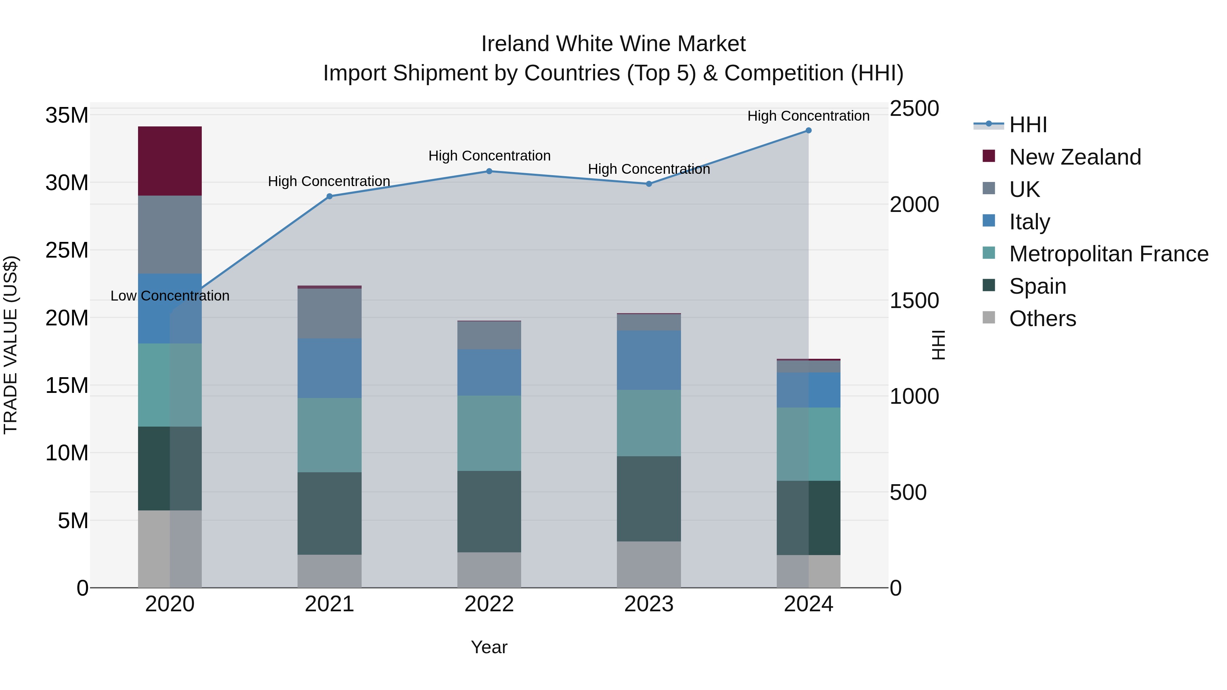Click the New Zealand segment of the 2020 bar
[x=170, y=161]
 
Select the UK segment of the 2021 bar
[x=329, y=313]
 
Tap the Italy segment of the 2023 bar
[x=649, y=360]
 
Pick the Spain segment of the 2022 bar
[x=489, y=511]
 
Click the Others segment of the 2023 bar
[x=649, y=564]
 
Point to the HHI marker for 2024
[x=808, y=131]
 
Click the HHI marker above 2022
[x=489, y=171]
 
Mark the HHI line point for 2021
[x=329, y=196]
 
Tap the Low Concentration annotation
[x=170, y=296]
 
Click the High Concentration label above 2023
[x=649, y=169]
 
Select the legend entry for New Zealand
[x=1075, y=157]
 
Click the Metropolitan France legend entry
[x=1108, y=254]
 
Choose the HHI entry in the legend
[x=1028, y=125]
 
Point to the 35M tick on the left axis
[x=67, y=115]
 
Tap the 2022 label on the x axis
[x=489, y=604]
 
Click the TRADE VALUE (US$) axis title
[x=11, y=345]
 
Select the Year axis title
[x=489, y=647]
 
